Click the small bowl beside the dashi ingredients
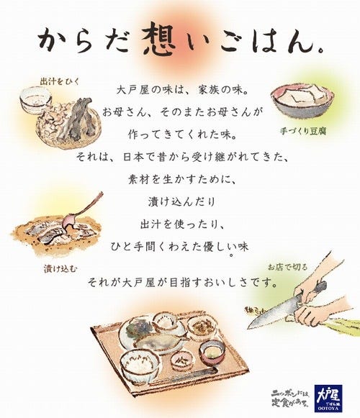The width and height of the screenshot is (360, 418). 35,100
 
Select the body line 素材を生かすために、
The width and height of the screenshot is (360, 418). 180,177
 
